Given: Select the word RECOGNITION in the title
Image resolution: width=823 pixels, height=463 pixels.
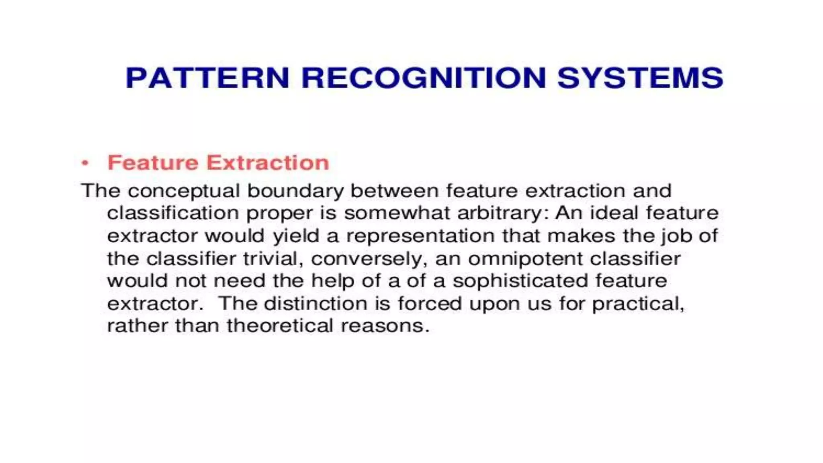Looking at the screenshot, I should tap(424, 78).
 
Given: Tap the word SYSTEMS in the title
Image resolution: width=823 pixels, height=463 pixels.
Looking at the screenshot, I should tap(640, 78).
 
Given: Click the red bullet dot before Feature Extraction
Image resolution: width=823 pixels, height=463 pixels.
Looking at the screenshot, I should tap(85, 163).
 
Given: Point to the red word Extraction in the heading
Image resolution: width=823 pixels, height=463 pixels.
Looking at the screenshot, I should tap(268, 163).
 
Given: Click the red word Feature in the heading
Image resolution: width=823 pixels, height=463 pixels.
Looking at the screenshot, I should tap(153, 163).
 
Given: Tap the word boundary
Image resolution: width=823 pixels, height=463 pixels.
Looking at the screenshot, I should tap(295, 191).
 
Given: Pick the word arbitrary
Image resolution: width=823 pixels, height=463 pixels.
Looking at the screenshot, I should tap(503, 213).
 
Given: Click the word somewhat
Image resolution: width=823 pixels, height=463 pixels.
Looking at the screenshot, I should tap(396, 213).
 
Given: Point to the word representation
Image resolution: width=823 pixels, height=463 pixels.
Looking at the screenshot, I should tap(420, 236).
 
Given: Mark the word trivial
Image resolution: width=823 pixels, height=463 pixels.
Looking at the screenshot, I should tap(273, 259).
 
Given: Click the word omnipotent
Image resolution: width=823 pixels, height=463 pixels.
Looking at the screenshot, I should tap(525, 259).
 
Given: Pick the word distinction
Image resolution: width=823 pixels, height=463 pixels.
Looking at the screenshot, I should tap(315, 303).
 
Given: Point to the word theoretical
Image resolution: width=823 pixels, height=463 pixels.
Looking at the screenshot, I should tap(280, 326).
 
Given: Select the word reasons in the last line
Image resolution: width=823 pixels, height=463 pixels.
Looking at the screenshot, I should tap(385, 326).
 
